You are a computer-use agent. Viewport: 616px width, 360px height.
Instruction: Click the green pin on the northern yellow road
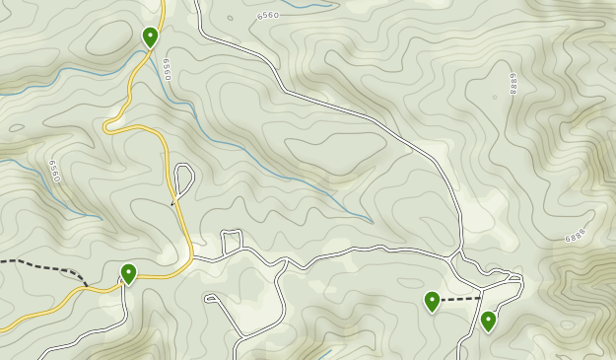pyautogui.click(x=150, y=37)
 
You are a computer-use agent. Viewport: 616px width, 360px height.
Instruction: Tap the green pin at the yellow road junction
pyautogui.click(x=128, y=273)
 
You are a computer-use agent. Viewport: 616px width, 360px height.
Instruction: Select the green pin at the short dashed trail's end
pyautogui.click(x=432, y=301)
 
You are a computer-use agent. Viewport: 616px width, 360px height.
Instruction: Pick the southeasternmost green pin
pyautogui.click(x=488, y=321)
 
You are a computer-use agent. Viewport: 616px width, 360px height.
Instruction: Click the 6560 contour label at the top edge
pyautogui.click(x=267, y=16)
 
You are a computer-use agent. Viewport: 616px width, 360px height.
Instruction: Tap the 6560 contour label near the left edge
pyautogui.click(x=54, y=171)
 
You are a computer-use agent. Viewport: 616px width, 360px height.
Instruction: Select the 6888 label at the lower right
pyautogui.click(x=576, y=238)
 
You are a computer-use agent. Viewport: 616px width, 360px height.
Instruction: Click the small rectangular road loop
pyautogui.click(x=233, y=239)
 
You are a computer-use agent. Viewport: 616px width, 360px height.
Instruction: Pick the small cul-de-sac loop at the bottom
pyautogui.click(x=210, y=297)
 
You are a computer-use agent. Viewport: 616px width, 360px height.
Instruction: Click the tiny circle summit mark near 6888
pyautogui.click(x=495, y=97)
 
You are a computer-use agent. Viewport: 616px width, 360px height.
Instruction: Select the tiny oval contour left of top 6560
pyautogui.click(x=230, y=18)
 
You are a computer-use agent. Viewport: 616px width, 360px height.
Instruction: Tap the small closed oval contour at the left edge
pyautogui.click(x=17, y=127)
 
